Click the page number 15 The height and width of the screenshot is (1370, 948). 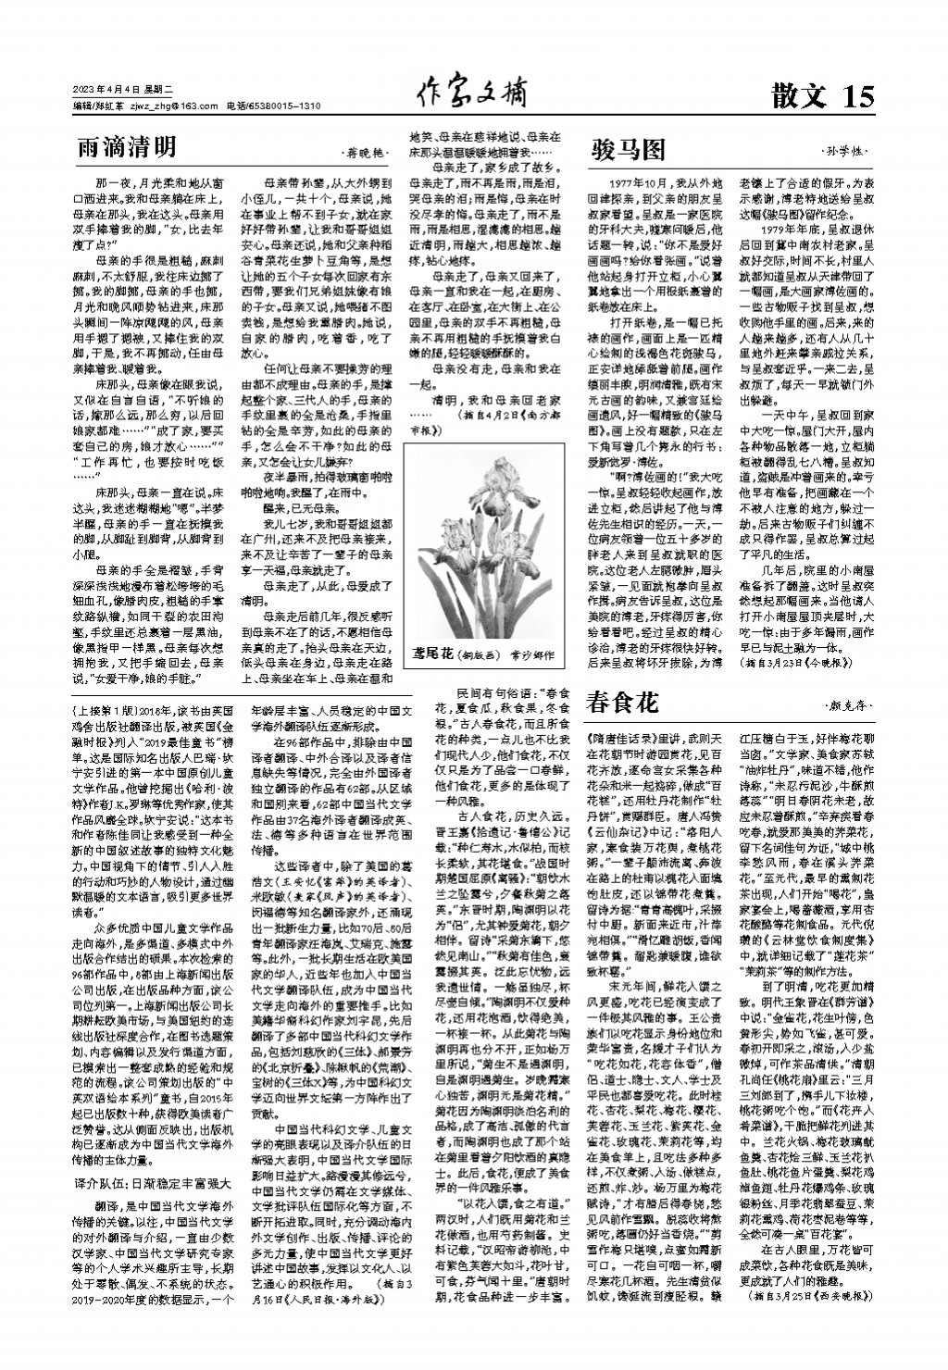858,96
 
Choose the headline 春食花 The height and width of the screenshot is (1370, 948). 622,704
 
